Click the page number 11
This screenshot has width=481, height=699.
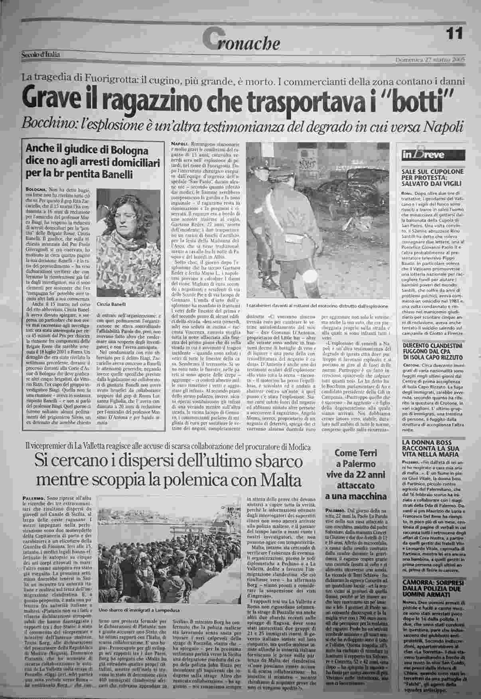pyautogui.click(x=454, y=33)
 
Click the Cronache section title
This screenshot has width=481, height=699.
pyautogui.click(x=241, y=42)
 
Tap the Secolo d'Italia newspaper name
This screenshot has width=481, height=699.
pyautogui.click(x=40, y=55)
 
